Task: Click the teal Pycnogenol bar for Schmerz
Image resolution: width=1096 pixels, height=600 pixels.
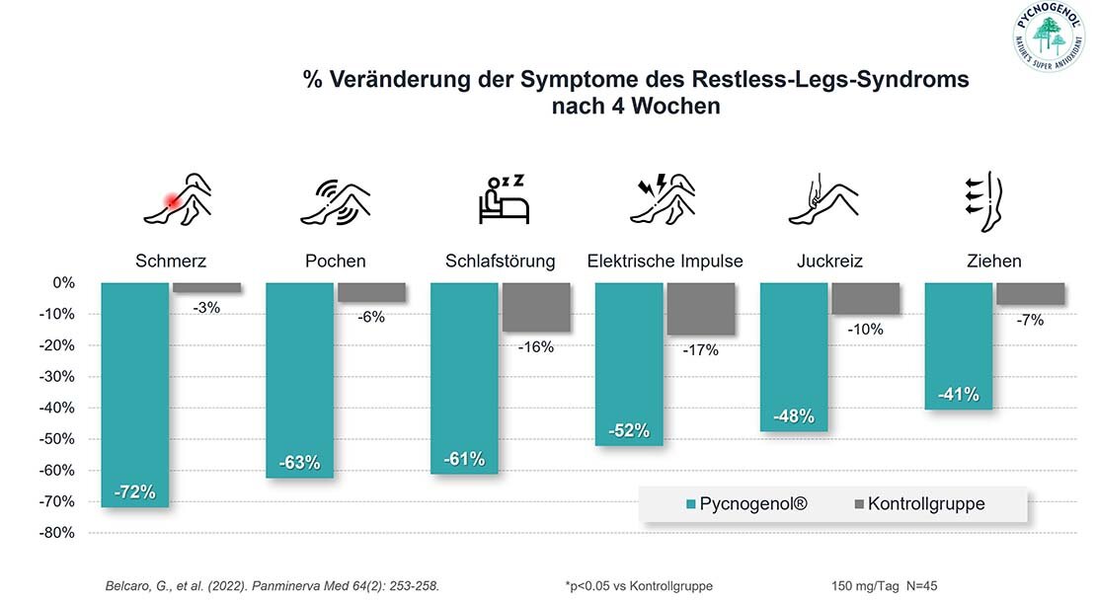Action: click(134, 395)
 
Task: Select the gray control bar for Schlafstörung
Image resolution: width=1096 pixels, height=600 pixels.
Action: click(536, 307)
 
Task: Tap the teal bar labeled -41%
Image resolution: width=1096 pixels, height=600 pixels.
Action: click(958, 345)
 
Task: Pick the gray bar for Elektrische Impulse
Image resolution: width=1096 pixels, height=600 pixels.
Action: click(700, 309)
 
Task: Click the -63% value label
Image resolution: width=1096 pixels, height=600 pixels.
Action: click(299, 462)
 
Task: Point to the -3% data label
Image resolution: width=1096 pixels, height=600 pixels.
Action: click(206, 307)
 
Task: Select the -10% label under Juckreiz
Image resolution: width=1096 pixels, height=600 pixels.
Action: click(865, 330)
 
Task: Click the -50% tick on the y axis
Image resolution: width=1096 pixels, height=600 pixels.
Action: click(57, 439)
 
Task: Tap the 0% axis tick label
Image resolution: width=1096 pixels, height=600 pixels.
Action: click(63, 283)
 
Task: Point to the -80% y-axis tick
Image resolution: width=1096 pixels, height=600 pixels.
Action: click(57, 533)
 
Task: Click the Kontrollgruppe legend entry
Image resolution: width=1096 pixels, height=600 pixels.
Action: click(918, 504)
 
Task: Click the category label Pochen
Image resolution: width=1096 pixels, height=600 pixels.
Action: click(336, 262)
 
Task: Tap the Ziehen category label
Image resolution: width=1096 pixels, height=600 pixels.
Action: click(994, 262)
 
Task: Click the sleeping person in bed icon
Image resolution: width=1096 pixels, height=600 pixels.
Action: click(503, 197)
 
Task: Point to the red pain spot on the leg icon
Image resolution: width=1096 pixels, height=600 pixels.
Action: click(172, 201)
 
